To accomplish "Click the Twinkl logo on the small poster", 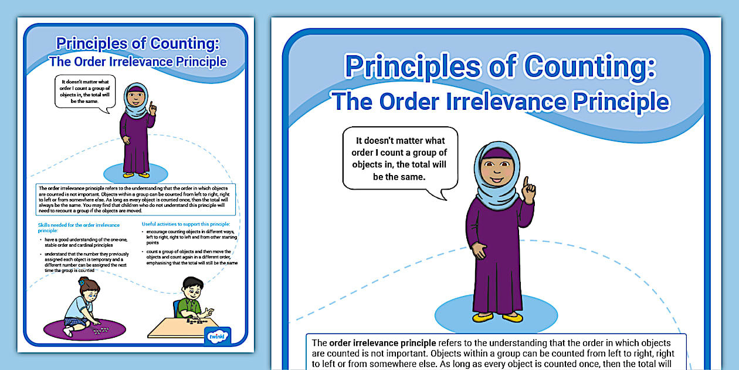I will pos(219,336).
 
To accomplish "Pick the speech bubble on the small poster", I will pos(85,92).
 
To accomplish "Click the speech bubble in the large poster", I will pos(400,159).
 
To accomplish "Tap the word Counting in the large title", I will pos(588,66).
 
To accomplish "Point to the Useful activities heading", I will pos(186,224).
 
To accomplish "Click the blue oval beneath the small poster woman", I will pos(136,173).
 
